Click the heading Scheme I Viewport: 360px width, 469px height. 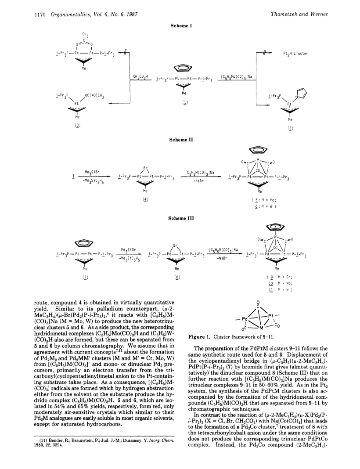point(181,26)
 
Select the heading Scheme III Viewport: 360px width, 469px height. point(181,218)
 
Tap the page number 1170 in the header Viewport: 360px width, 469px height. point(38,14)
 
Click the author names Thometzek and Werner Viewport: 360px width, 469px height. point(299,14)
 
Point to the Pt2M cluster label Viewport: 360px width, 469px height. point(295,54)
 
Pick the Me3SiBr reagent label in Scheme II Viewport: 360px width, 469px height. point(92,173)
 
